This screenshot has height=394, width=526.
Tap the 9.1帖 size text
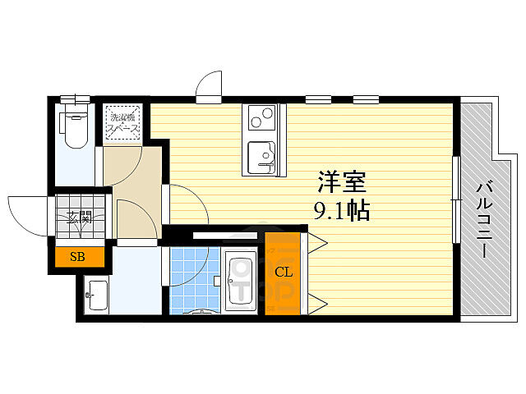(341, 211)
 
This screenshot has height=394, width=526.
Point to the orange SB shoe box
(79, 258)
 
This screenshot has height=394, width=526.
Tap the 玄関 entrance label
(79, 218)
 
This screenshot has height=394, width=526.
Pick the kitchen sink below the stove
(263, 157)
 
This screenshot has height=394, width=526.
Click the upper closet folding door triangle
(317, 242)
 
